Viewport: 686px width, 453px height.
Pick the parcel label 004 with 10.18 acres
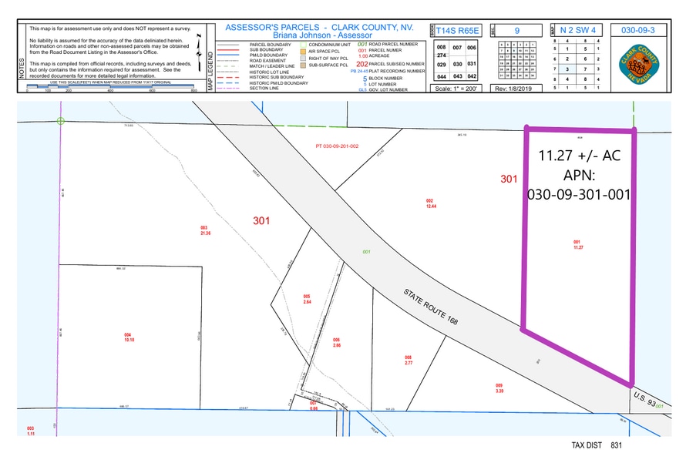click(x=128, y=337)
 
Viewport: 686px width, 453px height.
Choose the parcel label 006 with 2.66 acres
click(x=336, y=342)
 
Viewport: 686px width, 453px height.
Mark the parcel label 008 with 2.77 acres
click(x=409, y=359)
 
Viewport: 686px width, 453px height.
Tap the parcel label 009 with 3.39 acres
click(x=499, y=388)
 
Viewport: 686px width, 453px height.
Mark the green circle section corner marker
click(x=60, y=120)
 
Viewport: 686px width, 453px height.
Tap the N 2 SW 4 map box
click(x=579, y=30)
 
